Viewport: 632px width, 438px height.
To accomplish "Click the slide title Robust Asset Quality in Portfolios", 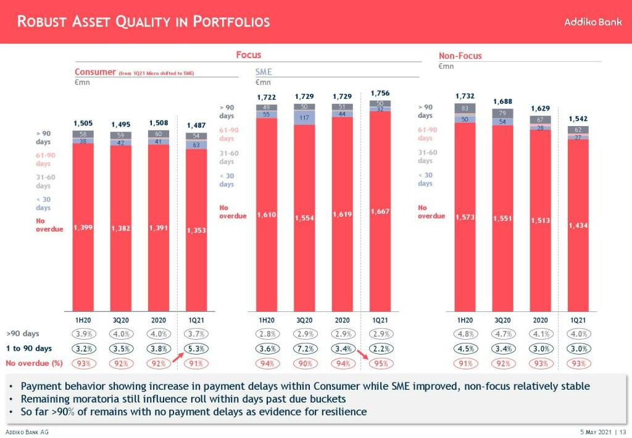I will click(x=143, y=22).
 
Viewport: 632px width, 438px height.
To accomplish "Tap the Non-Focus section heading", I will click(x=460, y=56).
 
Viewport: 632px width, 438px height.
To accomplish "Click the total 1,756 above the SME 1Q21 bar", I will click(x=380, y=93).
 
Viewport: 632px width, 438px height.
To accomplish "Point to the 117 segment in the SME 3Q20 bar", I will click(x=304, y=117).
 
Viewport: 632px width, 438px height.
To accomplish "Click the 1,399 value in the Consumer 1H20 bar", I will click(x=83, y=228).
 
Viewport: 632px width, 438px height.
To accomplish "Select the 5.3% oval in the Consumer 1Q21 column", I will click(x=196, y=348).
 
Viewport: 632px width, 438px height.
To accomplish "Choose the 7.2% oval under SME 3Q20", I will click(x=304, y=348).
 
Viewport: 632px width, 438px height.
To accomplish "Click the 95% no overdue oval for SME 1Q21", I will click(x=381, y=363).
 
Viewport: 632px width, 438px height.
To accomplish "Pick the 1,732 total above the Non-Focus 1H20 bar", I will click(x=465, y=96).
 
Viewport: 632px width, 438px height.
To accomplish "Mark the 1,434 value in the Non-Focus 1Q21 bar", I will click(x=578, y=225).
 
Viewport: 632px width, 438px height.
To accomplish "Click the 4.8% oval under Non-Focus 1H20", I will click(x=465, y=334).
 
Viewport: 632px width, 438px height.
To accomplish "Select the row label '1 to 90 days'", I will click(x=29, y=348).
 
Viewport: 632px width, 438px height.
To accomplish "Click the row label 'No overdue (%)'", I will click(x=34, y=363).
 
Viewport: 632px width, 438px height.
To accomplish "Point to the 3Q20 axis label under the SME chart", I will click(x=304, y=320).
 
